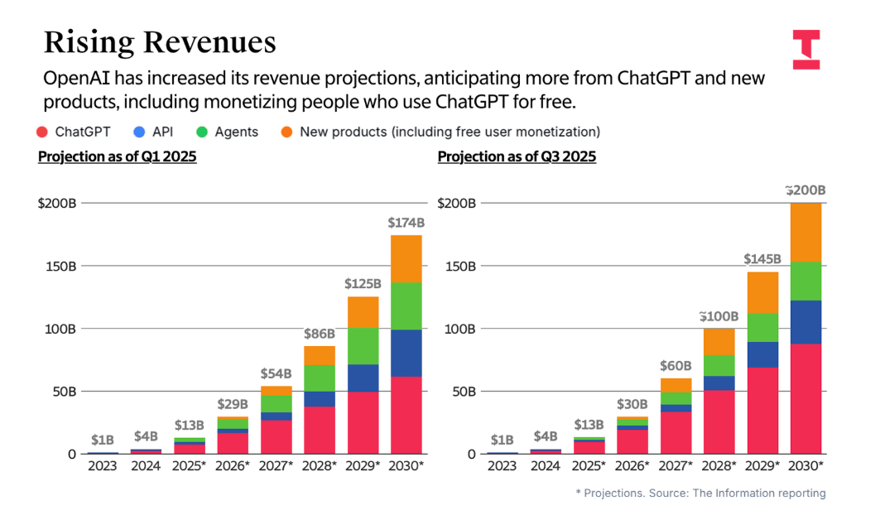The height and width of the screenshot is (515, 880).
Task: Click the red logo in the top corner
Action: point(805,49)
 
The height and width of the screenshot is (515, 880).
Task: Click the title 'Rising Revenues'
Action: point(159,42)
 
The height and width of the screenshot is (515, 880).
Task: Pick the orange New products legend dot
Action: point(285,132)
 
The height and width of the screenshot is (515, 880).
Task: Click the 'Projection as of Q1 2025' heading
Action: point(117,156)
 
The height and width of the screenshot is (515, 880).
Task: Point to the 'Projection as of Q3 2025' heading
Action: point(517,156)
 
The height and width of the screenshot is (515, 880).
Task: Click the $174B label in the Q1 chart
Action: point(406,223)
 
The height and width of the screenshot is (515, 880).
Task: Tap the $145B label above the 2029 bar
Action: point(762,259)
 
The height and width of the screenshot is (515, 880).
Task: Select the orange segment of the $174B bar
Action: point(406,259)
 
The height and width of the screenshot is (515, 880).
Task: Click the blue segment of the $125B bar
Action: point(363,378)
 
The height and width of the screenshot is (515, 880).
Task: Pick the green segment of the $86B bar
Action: point(319,378)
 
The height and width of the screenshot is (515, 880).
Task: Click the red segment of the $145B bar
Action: point(762,410)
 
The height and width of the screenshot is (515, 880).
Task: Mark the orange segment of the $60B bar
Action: point(676,385)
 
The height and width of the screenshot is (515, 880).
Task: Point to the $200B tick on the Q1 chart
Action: point(57,203)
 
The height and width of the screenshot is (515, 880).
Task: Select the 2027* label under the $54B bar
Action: point(276,466)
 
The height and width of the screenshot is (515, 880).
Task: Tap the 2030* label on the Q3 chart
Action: point(805,466)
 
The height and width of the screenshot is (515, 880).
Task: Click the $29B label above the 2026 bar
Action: point(233,404)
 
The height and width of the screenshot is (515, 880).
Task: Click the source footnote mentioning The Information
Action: point(700,493)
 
